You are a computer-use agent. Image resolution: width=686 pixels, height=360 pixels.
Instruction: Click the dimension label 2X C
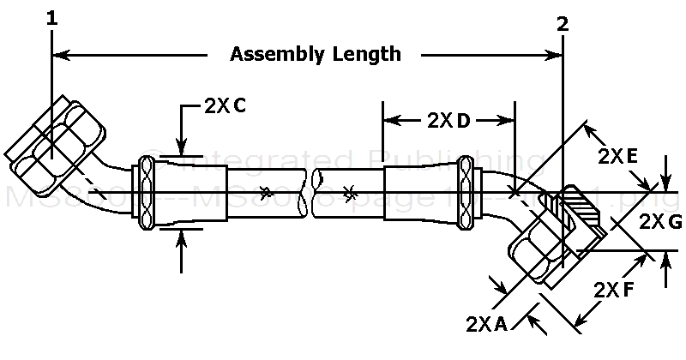226,106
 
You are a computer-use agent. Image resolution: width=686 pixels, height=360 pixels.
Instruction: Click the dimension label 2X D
448,121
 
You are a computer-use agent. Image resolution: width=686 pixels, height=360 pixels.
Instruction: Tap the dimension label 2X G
661,222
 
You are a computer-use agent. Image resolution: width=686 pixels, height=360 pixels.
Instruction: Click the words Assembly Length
316,55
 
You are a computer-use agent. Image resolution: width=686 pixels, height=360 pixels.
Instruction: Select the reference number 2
563,24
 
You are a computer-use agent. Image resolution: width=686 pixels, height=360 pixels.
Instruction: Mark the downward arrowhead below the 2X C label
181,145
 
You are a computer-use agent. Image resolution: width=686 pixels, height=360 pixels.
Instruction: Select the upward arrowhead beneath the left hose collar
181,239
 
